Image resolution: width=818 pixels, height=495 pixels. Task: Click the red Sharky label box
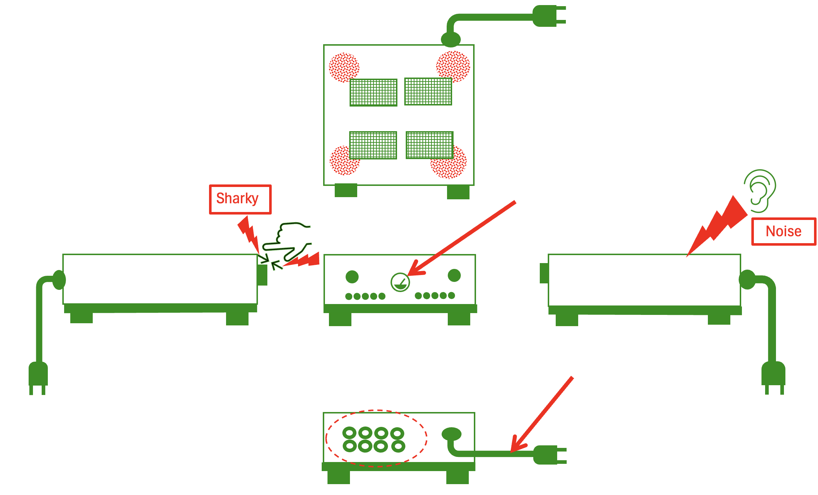[240, 199]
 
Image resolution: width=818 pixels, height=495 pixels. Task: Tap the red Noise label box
[784, 232]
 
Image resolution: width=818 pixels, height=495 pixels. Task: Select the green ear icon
[760, 191]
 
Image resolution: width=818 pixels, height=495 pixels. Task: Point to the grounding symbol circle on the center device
[400, 282]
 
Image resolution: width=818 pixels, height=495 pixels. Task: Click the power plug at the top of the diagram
[548, 16]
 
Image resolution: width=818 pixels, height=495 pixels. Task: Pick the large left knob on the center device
[352, 277]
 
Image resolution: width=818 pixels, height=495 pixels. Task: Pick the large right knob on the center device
[454, 275]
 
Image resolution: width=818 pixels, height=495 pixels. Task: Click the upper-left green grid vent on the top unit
[373, 92]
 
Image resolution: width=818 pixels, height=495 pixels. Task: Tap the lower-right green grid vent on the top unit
[429, 145]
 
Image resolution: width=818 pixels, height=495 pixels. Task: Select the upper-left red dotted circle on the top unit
[343, 67]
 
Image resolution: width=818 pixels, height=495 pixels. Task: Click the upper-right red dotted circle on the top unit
[453, 66]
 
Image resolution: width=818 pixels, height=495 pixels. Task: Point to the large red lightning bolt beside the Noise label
[719, 225]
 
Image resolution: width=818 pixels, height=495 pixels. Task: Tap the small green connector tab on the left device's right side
[262, 275]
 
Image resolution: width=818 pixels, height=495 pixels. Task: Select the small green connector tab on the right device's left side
[544, 273]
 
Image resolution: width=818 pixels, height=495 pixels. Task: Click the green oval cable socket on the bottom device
[451, 434]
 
